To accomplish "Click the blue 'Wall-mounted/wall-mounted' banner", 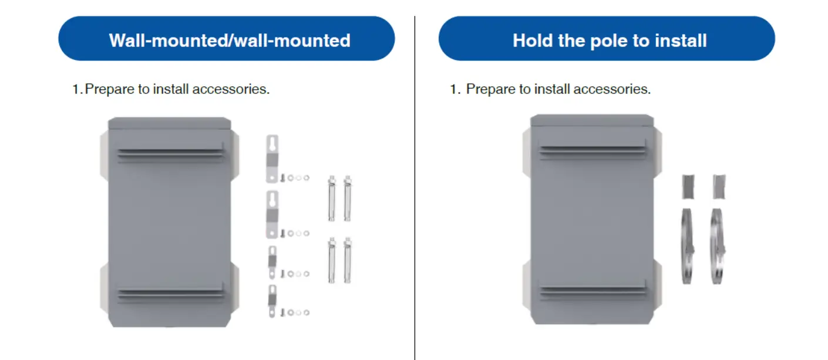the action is [x=226, y=38].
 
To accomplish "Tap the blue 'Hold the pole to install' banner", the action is [x=607, y=38].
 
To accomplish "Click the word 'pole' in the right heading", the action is [x=609, y=41].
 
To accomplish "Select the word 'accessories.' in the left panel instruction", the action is [x=231, y=89].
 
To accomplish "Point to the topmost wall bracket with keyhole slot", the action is [x=272, y=159].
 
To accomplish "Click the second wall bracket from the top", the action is [x=272, y=214].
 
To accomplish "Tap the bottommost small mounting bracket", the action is [x=272, y=301].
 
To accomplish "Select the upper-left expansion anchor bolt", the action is [x=332, y=198].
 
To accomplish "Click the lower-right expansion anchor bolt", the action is [x=348, y=260].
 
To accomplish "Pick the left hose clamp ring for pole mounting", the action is [x=687, y=246].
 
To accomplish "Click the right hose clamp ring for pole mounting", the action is [x=717, y=246].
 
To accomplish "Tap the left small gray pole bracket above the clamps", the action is [x=688, y=187].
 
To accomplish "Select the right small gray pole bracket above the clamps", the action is [x=719, y=187].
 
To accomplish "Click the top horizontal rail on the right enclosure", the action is [x=593, y=149].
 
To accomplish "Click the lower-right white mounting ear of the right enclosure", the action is [x=657, y=284].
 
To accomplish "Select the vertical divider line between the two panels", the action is [x=415, y=188].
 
